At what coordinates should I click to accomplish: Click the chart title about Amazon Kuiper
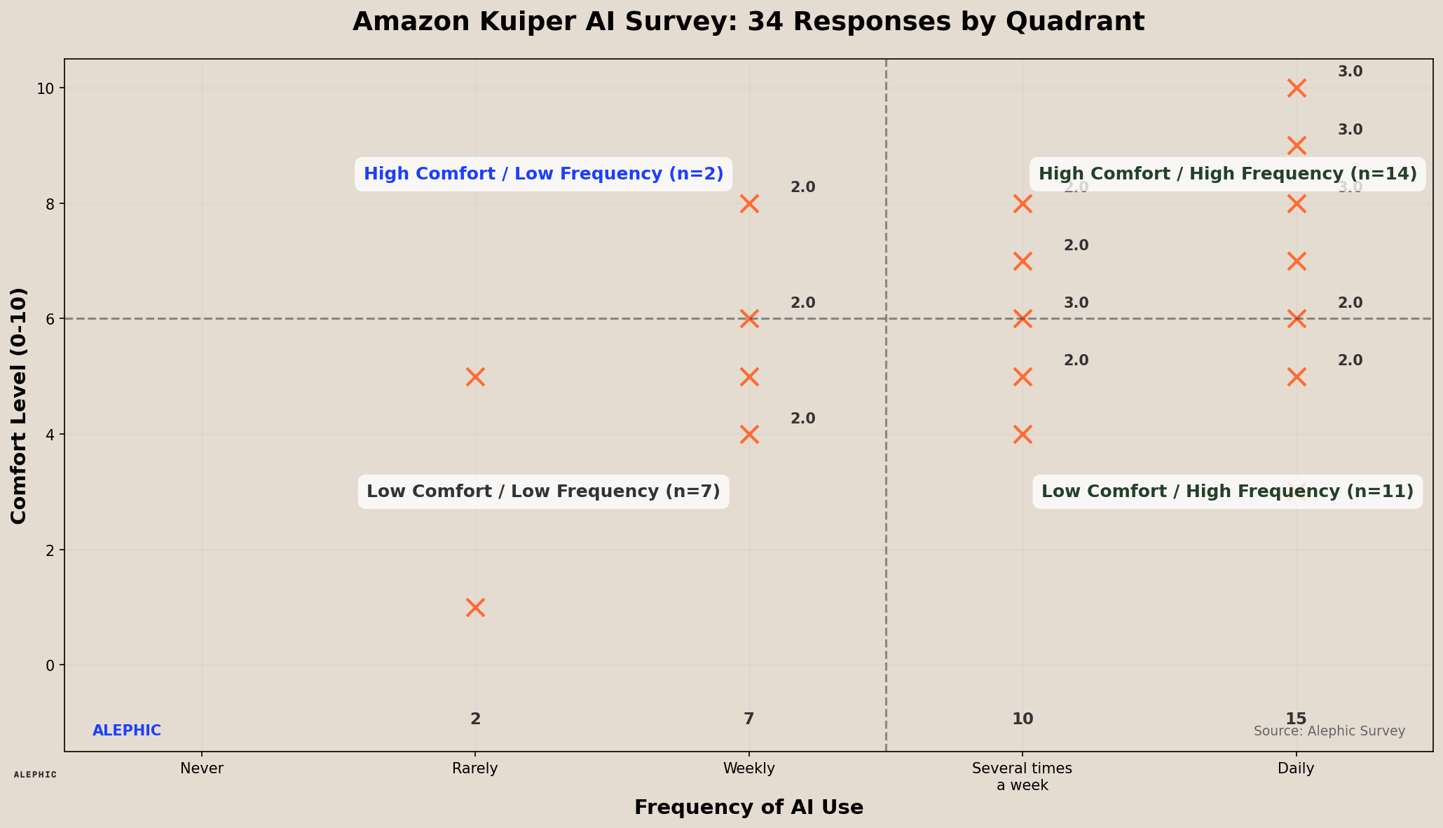click(x=748, y=22)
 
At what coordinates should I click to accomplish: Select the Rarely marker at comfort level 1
click(x=475, y=607)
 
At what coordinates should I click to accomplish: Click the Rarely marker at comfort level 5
click(x=475, y=376)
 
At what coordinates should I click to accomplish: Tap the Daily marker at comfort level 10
click(x=1297, y=88)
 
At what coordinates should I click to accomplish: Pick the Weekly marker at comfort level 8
click(x=749, y=204)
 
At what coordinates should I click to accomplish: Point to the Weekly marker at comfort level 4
click(x=749, y=434)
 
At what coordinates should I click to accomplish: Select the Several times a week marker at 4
click(x=1023, y=434)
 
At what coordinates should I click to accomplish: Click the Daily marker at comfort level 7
click(x=1297, y=262)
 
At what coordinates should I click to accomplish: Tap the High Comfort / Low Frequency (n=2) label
click(x=543, y=174)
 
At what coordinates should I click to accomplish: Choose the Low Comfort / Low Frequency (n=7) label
click(x=543, y=491)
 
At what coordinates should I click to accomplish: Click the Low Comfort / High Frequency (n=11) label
click(x=1227, y=491)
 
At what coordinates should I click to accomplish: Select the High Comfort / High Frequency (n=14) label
click(x=1227, y=174)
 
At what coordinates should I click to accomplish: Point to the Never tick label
click(x=202, y=768)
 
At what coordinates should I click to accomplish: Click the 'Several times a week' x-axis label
click(x=1022, y=777)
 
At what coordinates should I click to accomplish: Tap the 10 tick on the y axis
click(x=46, y=88)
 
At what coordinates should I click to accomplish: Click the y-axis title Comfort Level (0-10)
click(x=20, y=405)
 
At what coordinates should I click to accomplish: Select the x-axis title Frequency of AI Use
click(x=748, y=808)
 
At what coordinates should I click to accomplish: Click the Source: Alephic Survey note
click(x=1329, y=731)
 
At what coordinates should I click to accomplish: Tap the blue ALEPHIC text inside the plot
click(x=127, y=731)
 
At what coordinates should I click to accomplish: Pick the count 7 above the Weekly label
click(x=749, y=719)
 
